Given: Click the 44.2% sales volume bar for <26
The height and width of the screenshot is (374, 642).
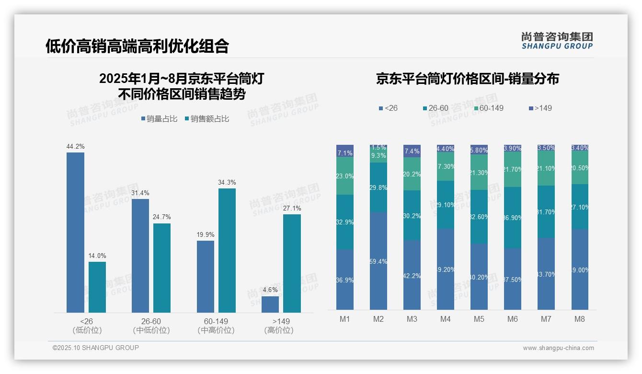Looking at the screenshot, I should pos(75,233).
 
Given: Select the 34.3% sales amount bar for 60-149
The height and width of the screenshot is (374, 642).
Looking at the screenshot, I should pos(227,250).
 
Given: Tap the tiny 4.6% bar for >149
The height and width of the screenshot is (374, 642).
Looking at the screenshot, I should pos(270,304).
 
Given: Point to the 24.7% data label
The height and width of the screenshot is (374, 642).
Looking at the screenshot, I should pos(162,217).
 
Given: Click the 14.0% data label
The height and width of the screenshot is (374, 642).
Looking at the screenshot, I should pos(97,256).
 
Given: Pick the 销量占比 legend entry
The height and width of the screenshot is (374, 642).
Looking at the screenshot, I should pos(159,119).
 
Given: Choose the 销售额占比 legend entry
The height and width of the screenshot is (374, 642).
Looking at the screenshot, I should pos(206,119).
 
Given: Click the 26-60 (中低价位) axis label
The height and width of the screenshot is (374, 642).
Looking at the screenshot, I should pos(151,326).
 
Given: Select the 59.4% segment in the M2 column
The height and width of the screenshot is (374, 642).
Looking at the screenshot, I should pos(378,261).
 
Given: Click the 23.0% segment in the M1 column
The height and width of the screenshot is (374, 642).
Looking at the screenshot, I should pos(345,176).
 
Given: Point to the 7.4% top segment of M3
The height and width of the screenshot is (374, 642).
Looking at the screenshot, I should pos(412,151).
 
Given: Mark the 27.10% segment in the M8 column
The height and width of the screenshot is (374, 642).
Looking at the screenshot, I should pos(580,207).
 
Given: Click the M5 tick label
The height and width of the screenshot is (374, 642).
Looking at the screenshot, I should pos(479,319).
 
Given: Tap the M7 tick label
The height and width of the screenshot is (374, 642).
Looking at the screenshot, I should pos(546,319).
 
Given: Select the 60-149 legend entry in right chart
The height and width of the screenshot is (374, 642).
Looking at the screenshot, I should pos(489,108).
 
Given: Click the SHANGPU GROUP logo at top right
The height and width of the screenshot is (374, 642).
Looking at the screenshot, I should pos(557,41).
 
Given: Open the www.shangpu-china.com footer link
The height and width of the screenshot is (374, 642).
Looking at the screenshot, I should pos(558,348).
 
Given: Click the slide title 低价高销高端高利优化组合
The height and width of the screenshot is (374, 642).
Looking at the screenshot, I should pos(137,46).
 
